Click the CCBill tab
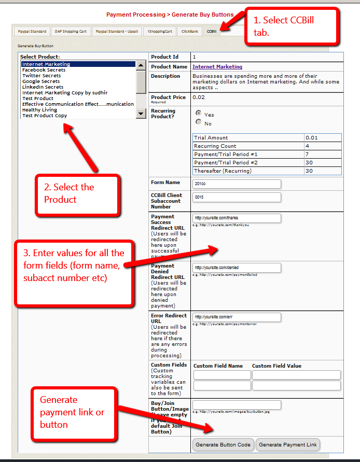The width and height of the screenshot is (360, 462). [x=211, y=32]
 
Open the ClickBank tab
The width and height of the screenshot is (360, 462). [x=190, y=32]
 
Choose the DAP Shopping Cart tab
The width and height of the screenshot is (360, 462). [x=71, y=32]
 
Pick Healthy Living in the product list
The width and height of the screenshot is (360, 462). [x=39, y=110]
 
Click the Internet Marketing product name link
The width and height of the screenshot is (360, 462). [x=217, y=67]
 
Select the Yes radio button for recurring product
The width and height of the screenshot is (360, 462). [x=198, y=113]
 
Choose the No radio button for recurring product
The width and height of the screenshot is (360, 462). [x=198, y=122]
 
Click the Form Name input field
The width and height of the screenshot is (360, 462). [x=237, y=184]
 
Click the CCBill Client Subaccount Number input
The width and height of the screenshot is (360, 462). [x=237, y=198]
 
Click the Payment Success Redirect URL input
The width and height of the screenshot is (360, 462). [x=237, y=218]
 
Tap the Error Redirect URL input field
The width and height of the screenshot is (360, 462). [x=237, y=317]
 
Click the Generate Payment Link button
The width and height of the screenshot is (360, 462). [x=288, y=445]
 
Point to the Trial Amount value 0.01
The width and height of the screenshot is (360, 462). [x=323, y=138]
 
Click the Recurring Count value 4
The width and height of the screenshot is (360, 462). [x=323, y=146]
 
